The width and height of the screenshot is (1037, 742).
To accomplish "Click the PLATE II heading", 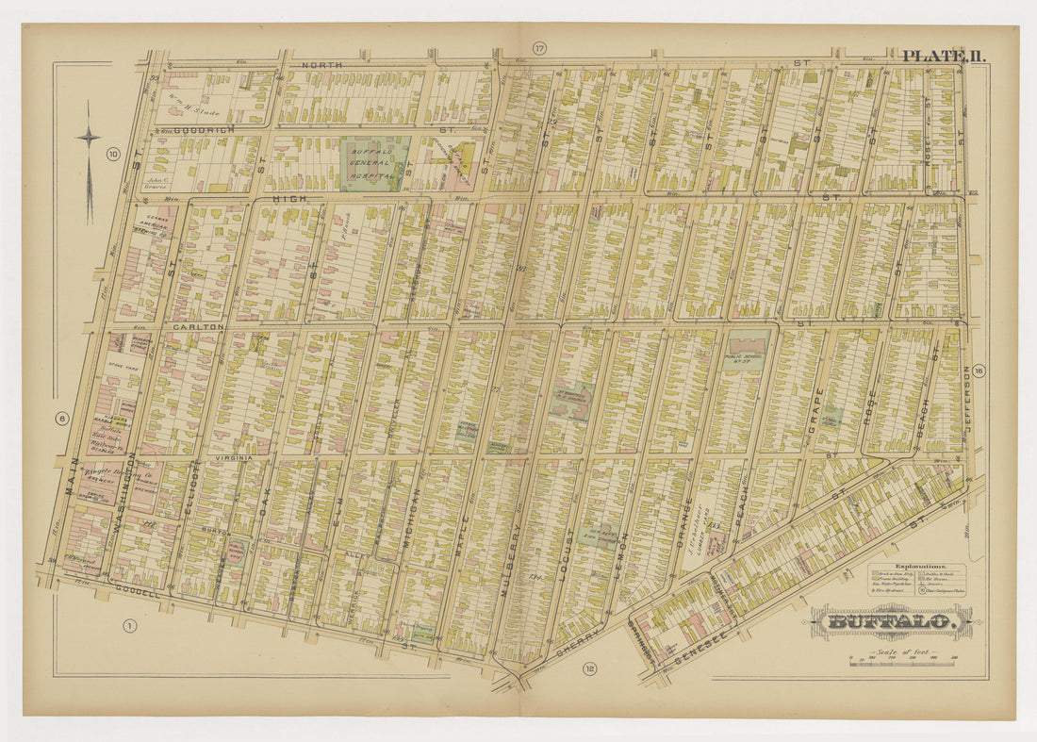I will coord(944,56).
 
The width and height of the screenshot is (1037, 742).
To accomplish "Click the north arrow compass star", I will coord(89,138).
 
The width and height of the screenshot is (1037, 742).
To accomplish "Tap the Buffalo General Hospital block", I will coord(375,163).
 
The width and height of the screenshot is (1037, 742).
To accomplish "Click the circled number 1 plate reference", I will coord(130,625).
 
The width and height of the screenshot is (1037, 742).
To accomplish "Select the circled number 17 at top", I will coord(538,48).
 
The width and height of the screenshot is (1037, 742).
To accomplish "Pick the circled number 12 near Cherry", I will coord(589,669).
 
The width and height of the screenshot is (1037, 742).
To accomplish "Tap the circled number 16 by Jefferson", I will coord(979,371).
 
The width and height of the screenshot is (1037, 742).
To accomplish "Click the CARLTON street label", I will coord(198,326).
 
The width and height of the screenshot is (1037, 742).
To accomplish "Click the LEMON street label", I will coord(625,552).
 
